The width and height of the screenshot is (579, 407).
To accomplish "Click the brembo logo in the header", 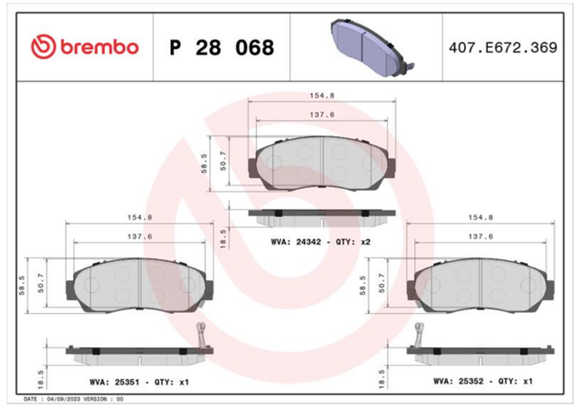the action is click(84, 47).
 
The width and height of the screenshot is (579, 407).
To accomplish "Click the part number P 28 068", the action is click(222, 48).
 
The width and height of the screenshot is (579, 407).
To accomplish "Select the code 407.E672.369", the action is click(503, 48).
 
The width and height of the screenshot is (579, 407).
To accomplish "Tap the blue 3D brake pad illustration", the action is click(372, 48).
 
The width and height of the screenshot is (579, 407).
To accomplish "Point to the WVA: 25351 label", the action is click(114, 382).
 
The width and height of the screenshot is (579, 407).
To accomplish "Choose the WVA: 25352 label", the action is click(458, 381).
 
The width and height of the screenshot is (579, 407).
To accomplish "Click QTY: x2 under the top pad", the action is click(353, 242).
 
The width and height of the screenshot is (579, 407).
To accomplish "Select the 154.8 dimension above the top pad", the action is click(322, 96).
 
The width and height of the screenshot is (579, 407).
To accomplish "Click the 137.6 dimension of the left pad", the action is click(139, 236).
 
